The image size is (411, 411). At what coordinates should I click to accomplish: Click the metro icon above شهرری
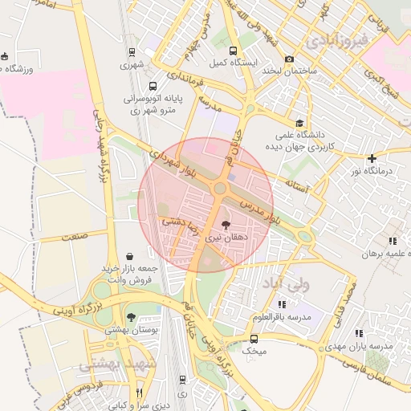[132, 52]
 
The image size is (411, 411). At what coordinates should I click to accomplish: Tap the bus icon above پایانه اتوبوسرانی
[153, 86]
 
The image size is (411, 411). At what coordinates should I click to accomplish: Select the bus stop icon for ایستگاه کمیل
[233, 50]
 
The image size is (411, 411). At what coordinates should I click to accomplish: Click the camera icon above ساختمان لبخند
[289, 59]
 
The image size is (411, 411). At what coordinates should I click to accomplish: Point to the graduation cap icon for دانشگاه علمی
[299, 123]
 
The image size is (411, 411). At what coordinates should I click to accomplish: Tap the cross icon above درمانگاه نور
[372, 158]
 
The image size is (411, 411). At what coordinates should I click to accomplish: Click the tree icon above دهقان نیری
[224, 226]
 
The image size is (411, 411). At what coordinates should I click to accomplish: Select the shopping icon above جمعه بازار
[130, 255]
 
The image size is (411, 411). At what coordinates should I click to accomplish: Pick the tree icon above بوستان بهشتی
[131, 318]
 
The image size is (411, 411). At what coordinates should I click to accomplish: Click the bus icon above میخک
[254, 340]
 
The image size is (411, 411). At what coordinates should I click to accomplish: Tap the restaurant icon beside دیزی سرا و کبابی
[139, 393]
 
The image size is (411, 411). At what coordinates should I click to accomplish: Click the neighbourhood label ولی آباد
[280, 284]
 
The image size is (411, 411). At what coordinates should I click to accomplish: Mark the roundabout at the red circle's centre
[219, 188]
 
